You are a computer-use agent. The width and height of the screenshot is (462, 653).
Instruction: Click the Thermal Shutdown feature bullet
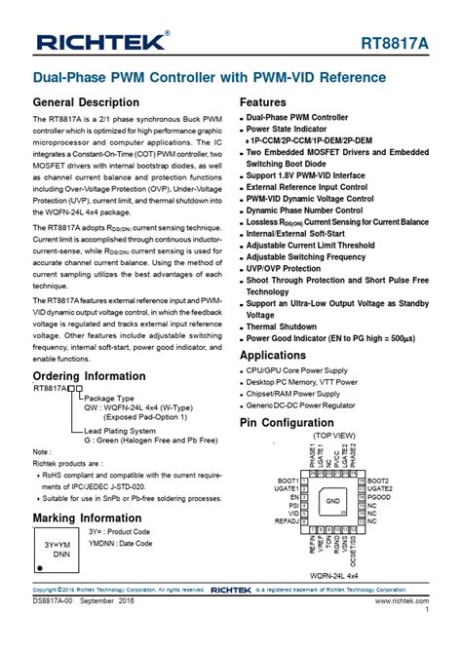(282, 326)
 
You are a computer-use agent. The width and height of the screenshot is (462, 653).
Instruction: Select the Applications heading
(273, 356)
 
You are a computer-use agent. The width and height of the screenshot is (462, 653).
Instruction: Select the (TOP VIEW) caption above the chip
(333, 436)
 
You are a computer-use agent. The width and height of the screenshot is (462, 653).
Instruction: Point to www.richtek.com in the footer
(403, 602)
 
